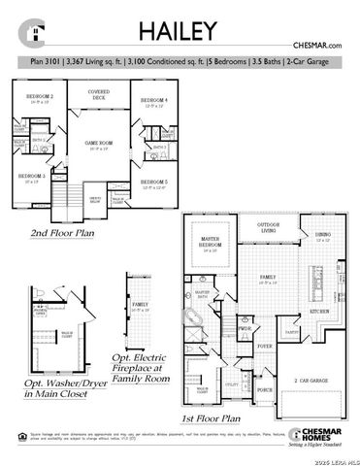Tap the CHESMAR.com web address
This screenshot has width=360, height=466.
317,46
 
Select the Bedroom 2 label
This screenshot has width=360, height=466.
39,97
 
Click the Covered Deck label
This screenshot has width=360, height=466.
98,95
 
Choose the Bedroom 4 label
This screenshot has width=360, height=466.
153,101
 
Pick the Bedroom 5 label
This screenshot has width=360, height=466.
153,183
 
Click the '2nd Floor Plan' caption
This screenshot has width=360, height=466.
62,233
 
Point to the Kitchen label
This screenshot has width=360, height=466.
320,310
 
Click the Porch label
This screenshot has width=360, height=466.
263,390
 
